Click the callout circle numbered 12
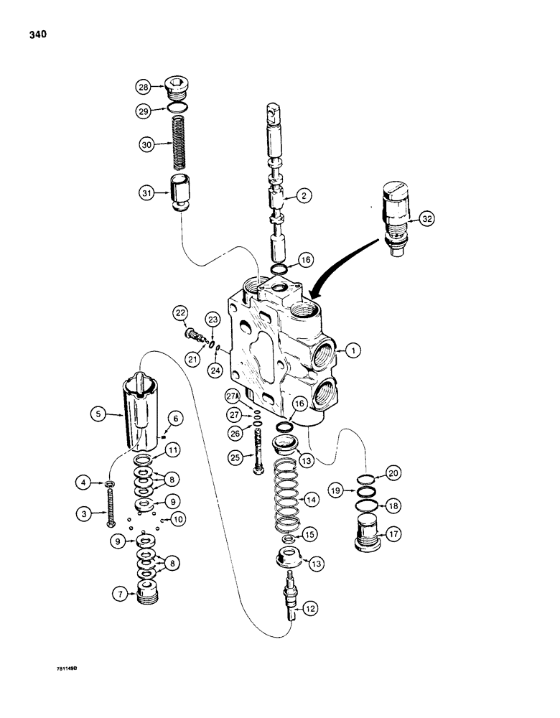pos(309,609)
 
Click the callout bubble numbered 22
pos(180,313)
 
